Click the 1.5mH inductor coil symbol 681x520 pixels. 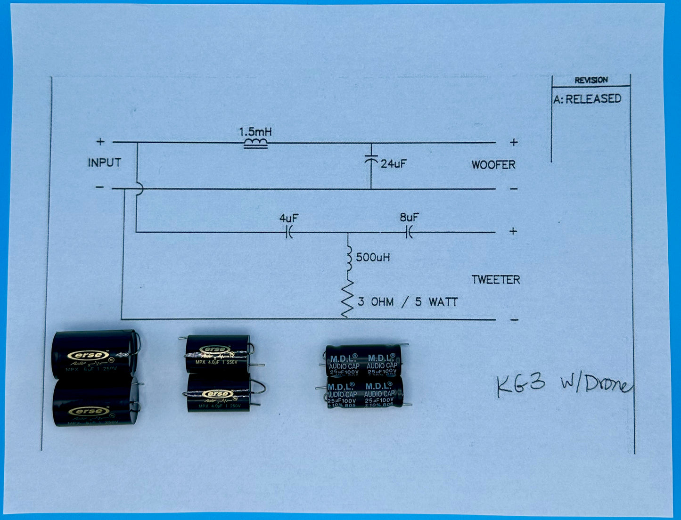255,144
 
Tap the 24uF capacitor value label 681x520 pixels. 394,164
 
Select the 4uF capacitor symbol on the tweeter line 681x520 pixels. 289,232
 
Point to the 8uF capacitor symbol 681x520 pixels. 409,232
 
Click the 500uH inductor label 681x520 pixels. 373,257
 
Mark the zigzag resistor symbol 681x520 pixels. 348,299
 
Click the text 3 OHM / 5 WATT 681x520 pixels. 408,302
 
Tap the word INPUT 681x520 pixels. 104,163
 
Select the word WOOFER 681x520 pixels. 493,165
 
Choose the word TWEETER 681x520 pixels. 496,280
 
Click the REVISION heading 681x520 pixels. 591,80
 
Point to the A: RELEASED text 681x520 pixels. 587,99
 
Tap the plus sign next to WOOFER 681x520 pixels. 514,142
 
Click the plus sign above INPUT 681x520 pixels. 100,141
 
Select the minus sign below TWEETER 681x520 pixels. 514,320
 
